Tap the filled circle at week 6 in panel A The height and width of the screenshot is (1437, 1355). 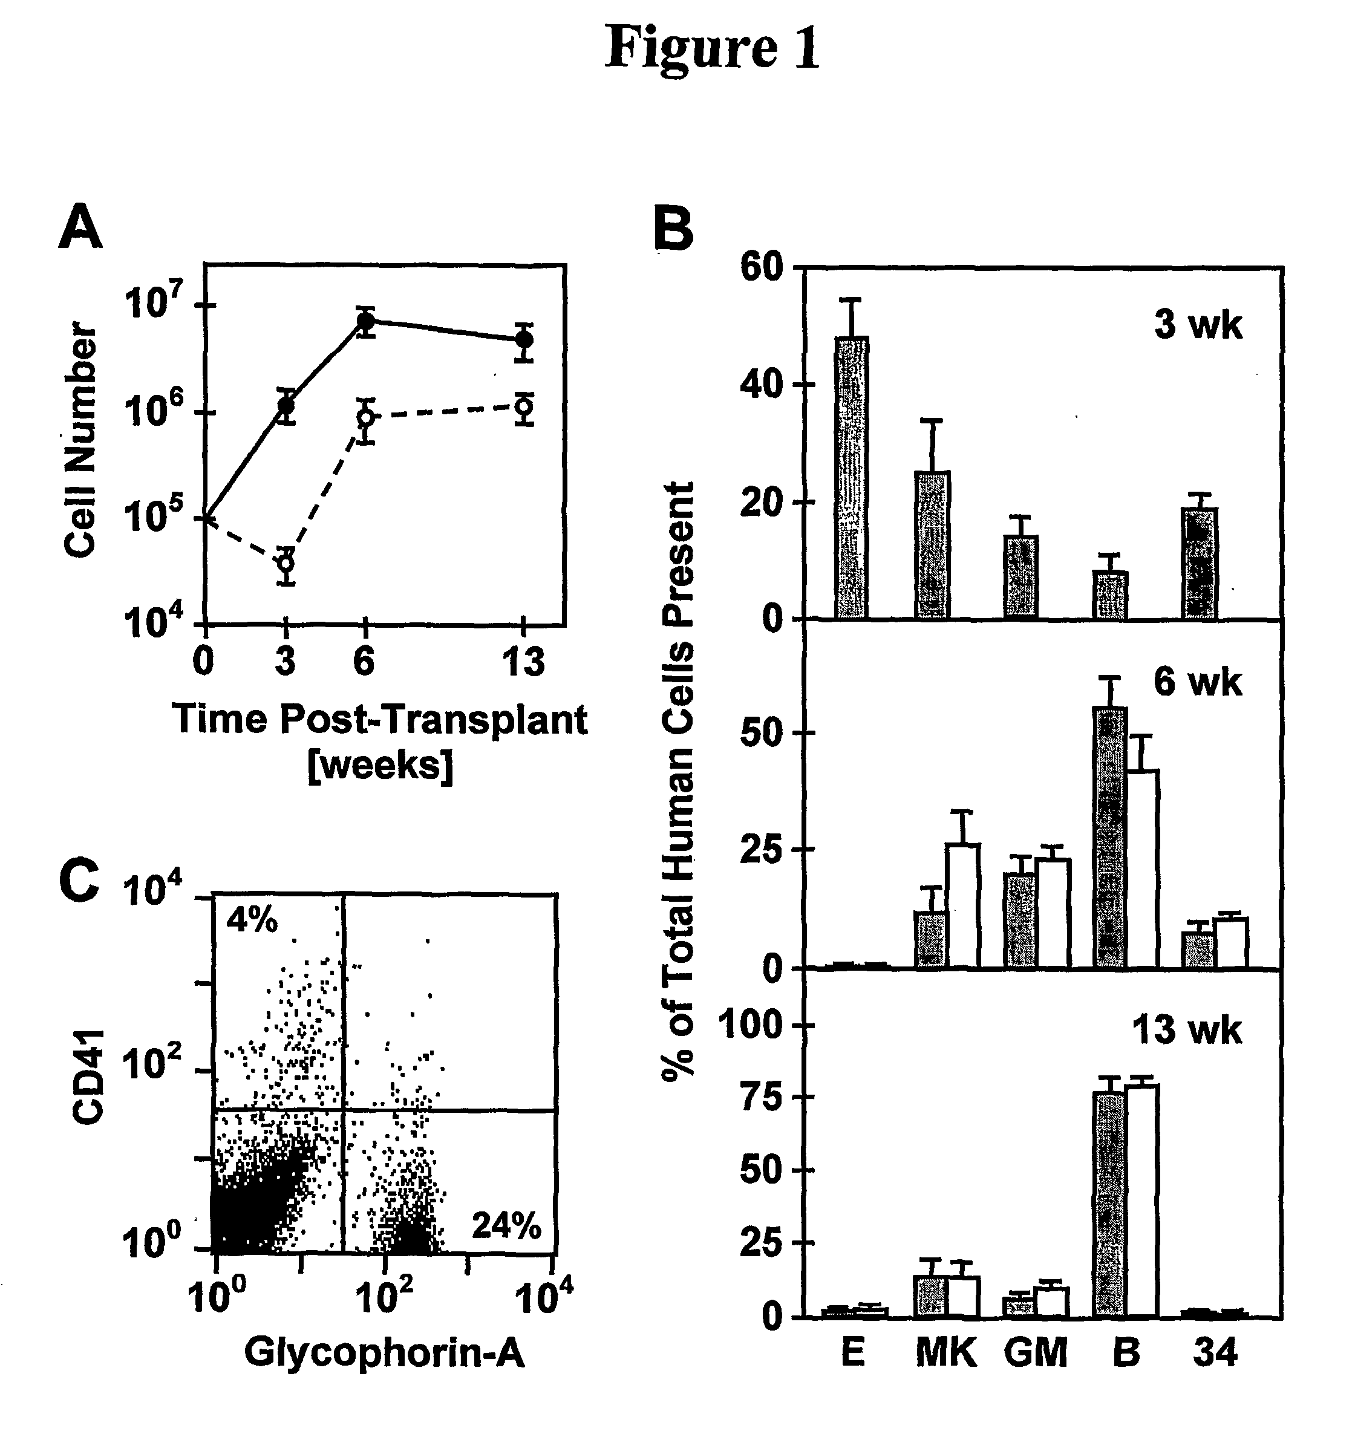pos(366,321)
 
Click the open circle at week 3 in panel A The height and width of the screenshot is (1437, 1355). pos(286,562)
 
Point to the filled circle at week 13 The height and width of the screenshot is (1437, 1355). pos(525,339)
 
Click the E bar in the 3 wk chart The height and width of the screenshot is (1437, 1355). pos(852,477)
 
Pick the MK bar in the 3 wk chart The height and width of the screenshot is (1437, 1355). pos(933,544)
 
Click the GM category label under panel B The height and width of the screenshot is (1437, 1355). pos(1036,1353)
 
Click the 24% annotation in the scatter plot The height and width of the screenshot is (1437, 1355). pos(506,1226)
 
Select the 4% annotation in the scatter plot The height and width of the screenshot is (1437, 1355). pos(252,921)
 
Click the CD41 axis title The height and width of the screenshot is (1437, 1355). pos(88,1078)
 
